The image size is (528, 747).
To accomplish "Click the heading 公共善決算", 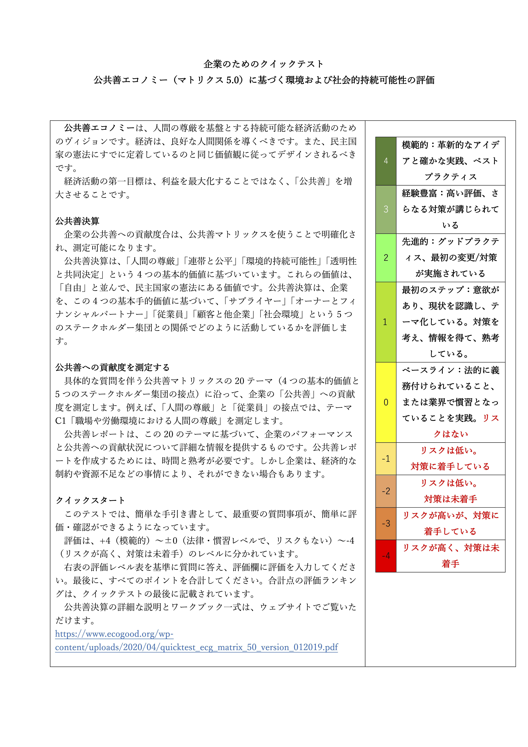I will (77, 221).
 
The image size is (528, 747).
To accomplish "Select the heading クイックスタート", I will (90, 500).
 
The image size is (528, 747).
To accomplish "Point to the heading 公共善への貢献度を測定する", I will (112, 368).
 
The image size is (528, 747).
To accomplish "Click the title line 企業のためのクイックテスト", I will (263, 64).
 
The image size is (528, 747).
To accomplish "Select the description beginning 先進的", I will (451, 258).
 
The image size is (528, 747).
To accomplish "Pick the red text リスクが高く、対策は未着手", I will (451, 556).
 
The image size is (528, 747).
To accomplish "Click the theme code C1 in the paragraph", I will (60, 421).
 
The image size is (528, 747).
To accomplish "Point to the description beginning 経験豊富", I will (451, 209).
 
